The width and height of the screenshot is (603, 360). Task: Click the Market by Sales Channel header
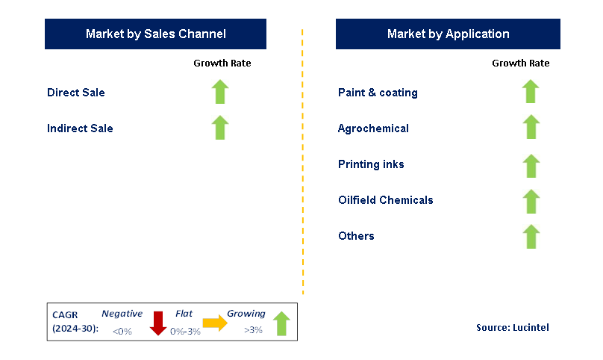156,34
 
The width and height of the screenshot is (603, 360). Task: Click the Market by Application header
448,34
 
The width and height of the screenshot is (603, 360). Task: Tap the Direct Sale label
76,93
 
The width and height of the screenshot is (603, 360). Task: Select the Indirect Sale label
80,128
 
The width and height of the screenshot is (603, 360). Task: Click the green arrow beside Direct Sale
219,92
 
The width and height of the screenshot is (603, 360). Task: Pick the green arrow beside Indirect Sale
219,128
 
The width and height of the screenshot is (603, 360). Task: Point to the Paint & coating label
378,93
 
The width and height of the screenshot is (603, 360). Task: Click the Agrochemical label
373,128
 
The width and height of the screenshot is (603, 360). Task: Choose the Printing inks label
371,164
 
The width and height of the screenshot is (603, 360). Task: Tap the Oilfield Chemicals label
385,200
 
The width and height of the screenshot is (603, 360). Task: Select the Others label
356,236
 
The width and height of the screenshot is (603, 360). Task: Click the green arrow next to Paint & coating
531,92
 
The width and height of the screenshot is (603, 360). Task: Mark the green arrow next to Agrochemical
531,127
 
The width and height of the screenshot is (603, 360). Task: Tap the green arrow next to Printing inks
531,166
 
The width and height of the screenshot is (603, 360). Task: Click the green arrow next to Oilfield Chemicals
531,202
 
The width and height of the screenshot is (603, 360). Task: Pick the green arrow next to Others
531,237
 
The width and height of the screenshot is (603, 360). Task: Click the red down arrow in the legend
157,323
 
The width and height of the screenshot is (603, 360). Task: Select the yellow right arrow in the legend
216,323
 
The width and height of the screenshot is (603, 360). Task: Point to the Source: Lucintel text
513,328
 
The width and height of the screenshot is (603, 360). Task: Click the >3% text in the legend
253,330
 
